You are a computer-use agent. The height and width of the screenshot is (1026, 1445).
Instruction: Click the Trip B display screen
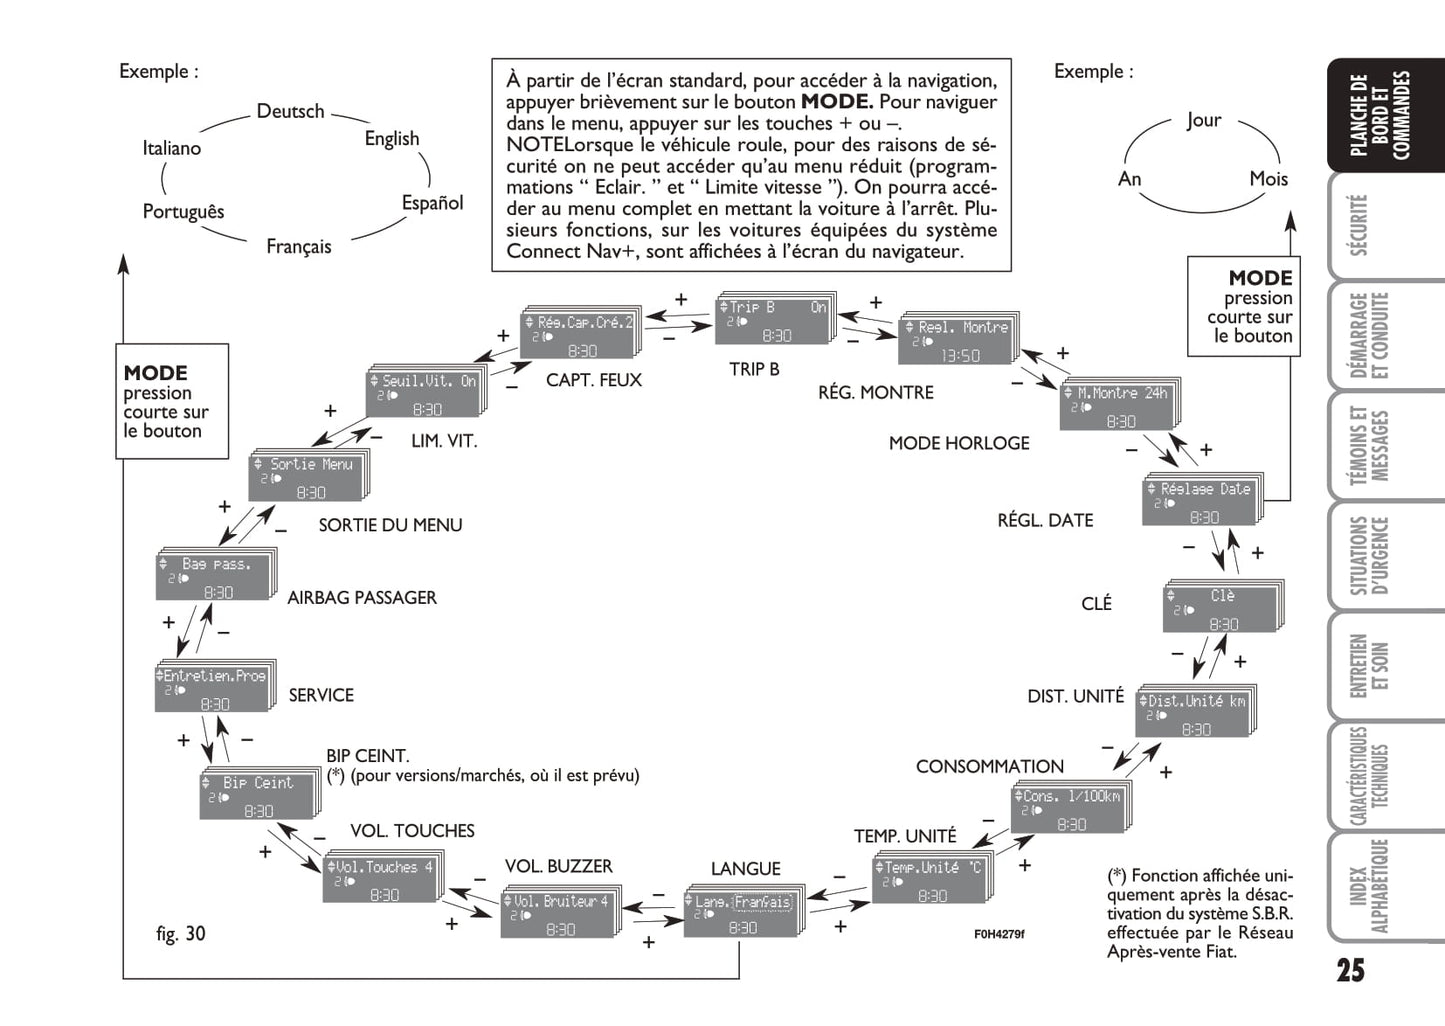click(x=773, y=320)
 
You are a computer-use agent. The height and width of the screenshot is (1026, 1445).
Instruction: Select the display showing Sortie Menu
click(x=306, y=478)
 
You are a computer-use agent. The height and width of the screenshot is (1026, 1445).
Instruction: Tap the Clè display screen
click(x=1221, y=609)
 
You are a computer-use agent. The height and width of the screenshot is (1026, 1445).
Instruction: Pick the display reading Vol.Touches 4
click(x=381, y=880)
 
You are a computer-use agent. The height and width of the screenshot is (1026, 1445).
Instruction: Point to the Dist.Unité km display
click(x=1194, y=715)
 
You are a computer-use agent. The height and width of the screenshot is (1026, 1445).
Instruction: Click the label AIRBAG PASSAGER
click(x=362, y=598)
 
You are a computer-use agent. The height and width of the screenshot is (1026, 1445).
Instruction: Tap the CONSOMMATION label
click(x=989, y=767)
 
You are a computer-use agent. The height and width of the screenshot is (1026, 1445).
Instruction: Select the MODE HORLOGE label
click(x=958, y=443)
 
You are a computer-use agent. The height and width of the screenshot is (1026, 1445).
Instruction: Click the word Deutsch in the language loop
click(x=290, y=111)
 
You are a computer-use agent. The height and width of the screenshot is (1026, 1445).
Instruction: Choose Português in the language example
click(x=183, y=212)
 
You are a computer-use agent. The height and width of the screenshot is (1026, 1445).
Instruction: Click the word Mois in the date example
click(x=1268, y=179)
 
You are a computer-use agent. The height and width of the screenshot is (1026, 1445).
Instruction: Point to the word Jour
click(x=1203, y=120)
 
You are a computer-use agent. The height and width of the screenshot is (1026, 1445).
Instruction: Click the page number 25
click(x=1349, y=970)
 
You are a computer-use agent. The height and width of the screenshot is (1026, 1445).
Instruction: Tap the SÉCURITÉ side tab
click(x=1358, y=226)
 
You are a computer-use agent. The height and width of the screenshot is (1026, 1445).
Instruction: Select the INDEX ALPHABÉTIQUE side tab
click(x=1366, y=886)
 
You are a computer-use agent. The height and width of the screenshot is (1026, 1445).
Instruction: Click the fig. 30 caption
click(x=180, y=934)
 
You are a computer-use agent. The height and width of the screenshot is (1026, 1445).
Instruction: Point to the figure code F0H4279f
click(x=999, y=935)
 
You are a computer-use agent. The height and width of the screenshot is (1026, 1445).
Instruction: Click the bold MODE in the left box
click(x=155, y=373)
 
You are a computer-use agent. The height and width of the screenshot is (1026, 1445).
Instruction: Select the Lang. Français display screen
click(x=741, y=914)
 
